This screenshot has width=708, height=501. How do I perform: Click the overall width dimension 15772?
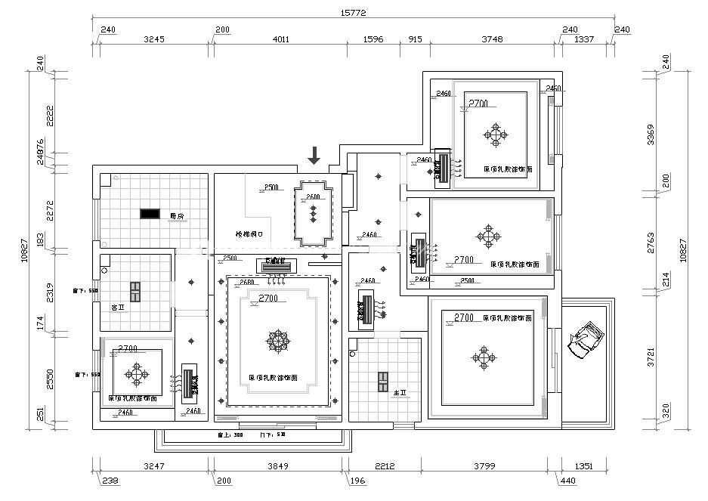354,13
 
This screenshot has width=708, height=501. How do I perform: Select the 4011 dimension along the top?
280,39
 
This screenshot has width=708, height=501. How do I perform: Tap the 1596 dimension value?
373,39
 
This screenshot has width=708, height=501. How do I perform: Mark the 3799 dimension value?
490,466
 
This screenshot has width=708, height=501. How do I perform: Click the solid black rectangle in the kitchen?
149,213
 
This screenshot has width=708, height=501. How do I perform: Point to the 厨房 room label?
178,215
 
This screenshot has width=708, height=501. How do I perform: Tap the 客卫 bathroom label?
117,308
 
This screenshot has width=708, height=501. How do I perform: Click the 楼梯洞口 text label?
249,234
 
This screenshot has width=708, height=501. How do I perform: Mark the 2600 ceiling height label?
312,197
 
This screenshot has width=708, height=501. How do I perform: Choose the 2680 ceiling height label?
246,283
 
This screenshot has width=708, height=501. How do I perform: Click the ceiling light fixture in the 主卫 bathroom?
384,382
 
